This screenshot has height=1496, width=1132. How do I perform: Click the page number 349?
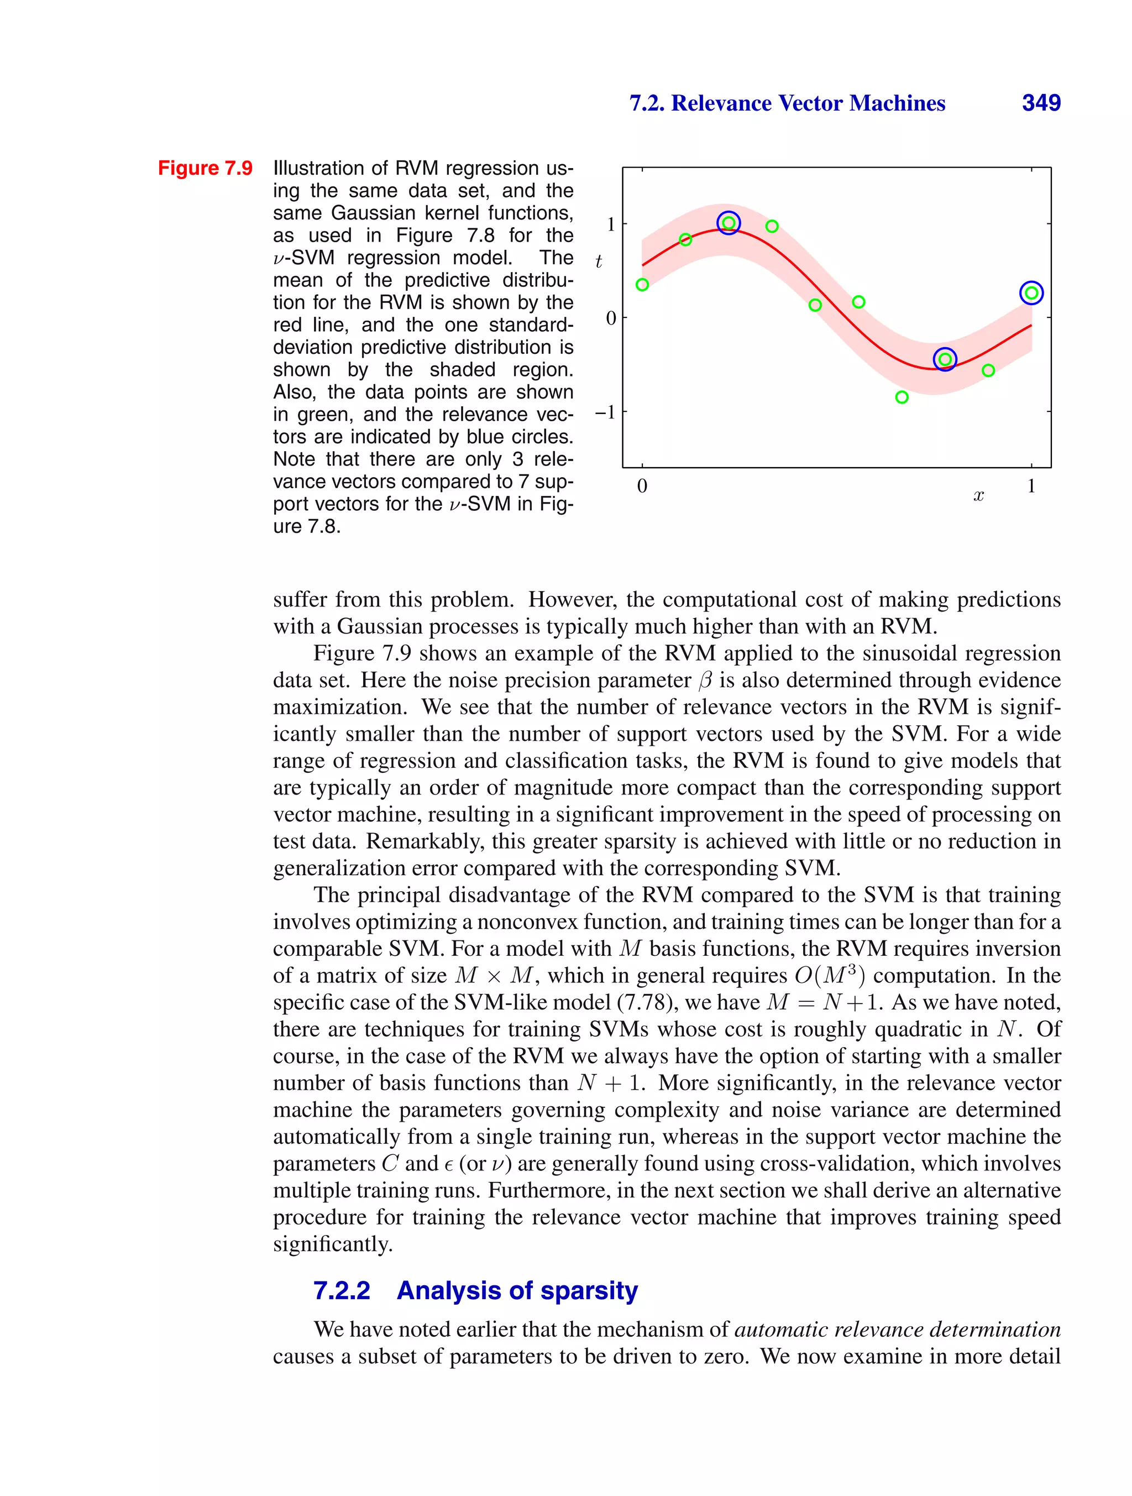point(1041,103)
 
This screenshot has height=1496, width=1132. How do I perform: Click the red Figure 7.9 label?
point(205,168)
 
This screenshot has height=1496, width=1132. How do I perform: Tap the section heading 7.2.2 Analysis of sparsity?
point(475,1290)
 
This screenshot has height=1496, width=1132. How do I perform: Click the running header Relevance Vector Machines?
point(787,103)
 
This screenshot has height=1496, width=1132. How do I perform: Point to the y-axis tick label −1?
point(605,412)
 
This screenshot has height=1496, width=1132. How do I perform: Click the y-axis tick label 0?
point(611,318)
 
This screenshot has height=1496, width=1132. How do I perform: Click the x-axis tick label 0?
point(642,485)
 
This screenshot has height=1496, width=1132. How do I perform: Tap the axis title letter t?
point(599,261)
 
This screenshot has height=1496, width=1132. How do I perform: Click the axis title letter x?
point(978,496)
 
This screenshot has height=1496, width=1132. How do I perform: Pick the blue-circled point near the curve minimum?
point(945,359)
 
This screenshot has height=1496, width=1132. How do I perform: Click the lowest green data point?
point(902,397)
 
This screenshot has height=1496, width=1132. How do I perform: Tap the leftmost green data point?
point(642,285)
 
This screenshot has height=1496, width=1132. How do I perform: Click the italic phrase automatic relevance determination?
point(897,1330)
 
